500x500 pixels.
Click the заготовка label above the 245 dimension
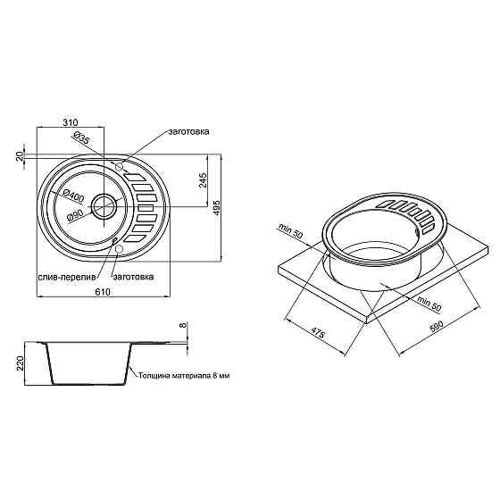tap(188, 132)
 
